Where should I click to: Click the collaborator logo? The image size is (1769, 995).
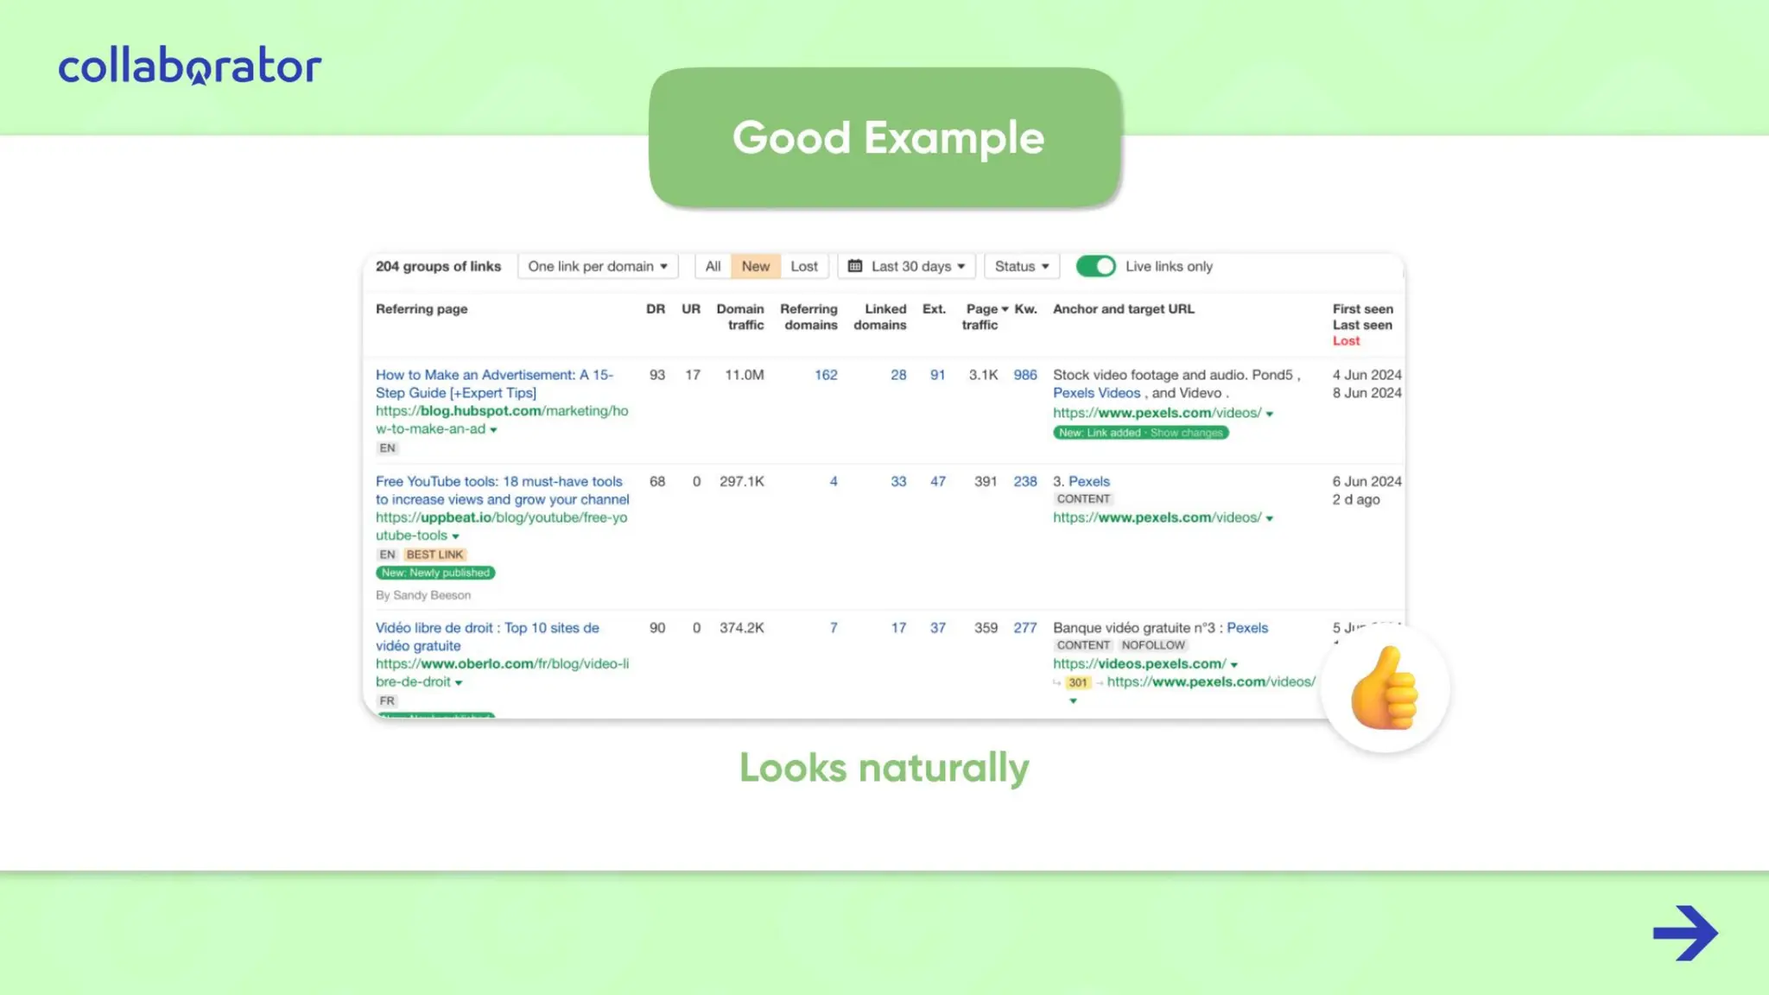pos(190,67)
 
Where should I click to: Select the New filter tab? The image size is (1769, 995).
pos(755,266)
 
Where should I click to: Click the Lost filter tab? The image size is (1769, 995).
pos(803,266)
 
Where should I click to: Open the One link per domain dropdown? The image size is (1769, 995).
pos(598,266)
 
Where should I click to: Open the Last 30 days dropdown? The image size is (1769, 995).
pos(907,266)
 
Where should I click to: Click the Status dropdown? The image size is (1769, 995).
pos(1022,266)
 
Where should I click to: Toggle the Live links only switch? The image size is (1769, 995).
pos(1096,266)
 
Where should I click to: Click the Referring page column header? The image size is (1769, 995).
pos(422,309)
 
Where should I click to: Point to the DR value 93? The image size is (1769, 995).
pos(657,375)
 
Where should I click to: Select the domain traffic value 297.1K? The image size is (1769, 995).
pos(742,481)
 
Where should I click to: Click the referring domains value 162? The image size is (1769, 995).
pos(826,375)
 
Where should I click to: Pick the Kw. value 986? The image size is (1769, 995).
pos(1025,375)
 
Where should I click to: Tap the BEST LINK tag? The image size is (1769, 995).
pos(434,555)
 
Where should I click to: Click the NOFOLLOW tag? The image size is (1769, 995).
pos(1153,645)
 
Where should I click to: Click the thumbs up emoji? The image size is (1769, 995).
pos(1385,688)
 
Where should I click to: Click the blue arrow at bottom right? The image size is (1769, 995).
pos(1685,933)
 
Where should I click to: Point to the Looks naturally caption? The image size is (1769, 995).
pos(884,767)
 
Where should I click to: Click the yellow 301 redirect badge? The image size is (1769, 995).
pos(1078,682)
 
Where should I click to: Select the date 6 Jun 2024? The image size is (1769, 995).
pos(1366,481)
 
